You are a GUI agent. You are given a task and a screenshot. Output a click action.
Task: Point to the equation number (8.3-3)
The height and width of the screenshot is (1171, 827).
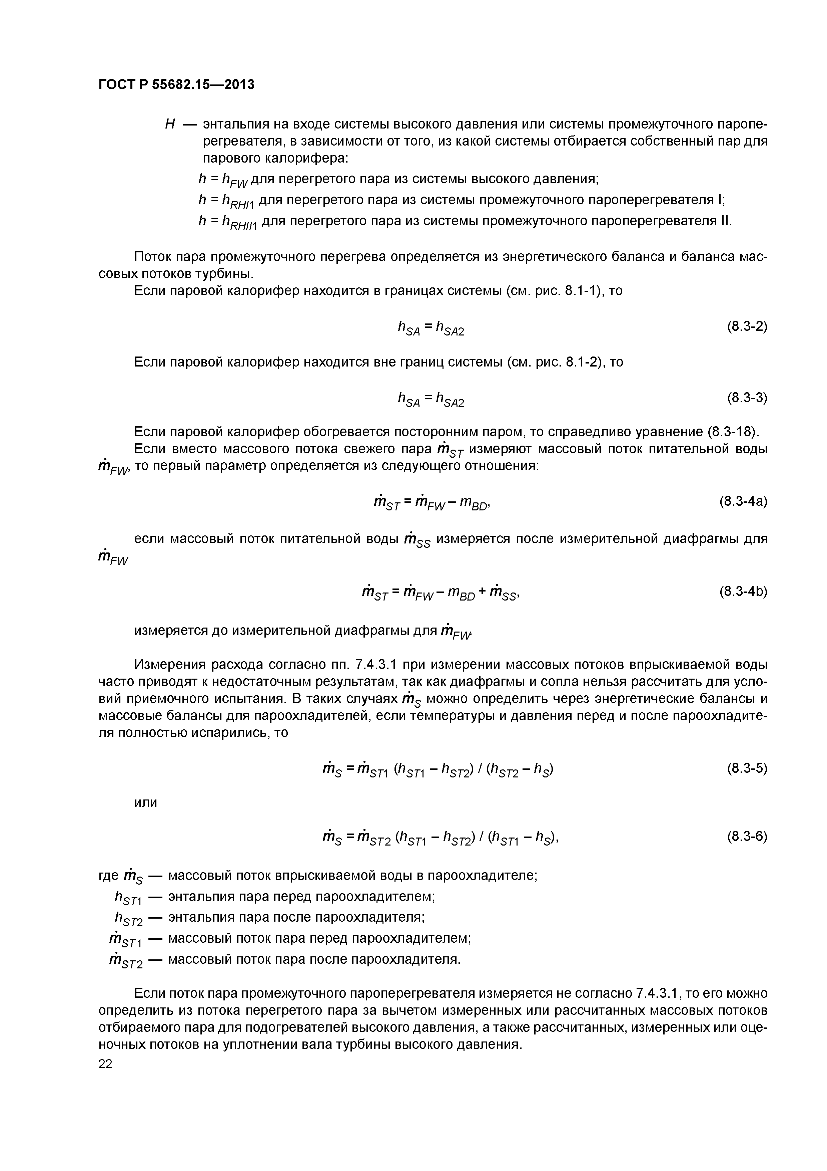(x=747, y=397)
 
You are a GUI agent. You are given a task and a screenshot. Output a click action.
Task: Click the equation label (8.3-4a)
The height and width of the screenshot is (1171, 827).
(x=743, y=501)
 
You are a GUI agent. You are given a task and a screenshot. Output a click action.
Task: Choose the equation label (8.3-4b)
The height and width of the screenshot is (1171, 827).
(x=743, y=591)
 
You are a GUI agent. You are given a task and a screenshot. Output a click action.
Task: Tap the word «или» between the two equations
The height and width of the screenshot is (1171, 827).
(x=146, y=802)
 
